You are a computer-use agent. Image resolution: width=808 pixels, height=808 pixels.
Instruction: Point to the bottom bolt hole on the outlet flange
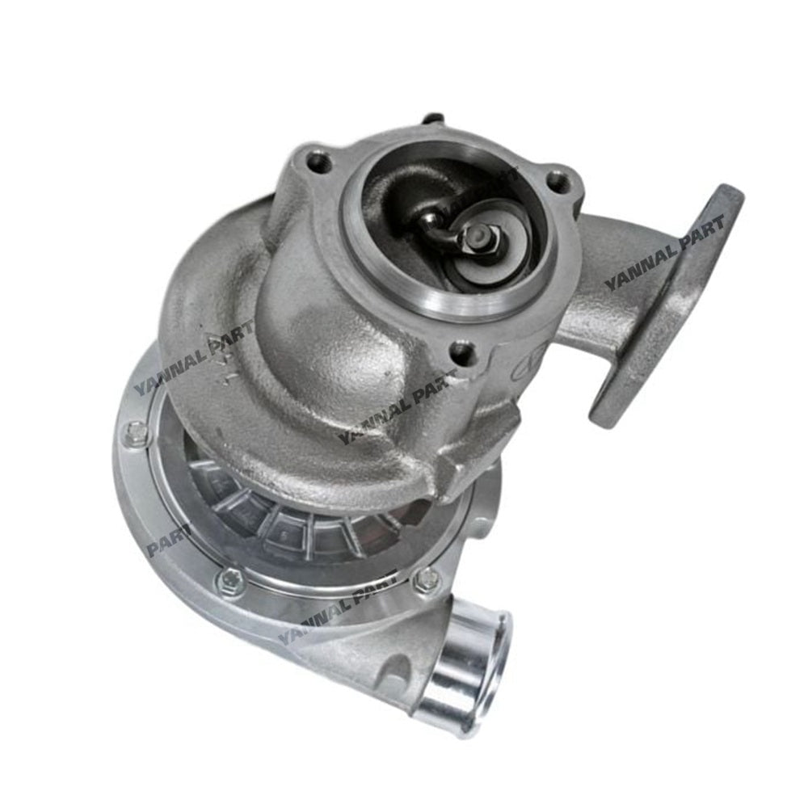point(463,352)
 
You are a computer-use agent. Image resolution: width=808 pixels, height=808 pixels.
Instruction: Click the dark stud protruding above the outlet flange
point(434,120)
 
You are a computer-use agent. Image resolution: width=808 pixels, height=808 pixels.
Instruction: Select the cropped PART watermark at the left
point(168,539)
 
